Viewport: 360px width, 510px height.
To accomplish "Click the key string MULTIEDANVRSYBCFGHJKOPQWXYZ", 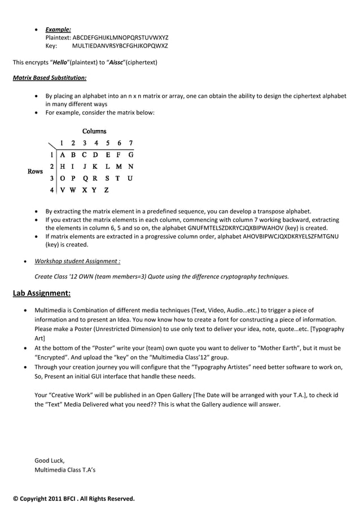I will (120, 46).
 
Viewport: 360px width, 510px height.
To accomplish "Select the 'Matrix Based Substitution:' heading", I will (50, 77).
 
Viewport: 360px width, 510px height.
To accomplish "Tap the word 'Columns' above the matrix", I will (94, 131).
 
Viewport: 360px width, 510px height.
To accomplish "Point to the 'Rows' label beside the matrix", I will (35, 171).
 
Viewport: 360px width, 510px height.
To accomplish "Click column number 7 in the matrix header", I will (130, 143).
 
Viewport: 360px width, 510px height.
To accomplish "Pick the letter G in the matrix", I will (130, 154).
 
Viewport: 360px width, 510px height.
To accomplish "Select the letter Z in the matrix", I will (106, 190).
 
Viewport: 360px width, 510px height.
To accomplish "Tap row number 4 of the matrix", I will (51, 190).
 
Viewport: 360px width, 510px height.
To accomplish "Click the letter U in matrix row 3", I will (130, 178).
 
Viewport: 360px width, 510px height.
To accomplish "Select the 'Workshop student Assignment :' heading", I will (77, 261).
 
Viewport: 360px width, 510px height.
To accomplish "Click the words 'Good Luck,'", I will (50, 460).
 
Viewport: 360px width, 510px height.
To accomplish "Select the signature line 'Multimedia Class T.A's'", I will (65, 469).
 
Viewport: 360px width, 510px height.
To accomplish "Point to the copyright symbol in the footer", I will (16, 499).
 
